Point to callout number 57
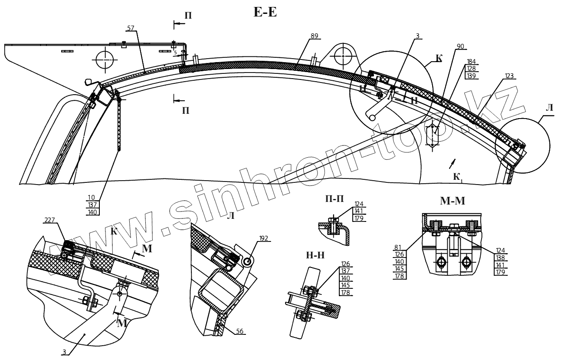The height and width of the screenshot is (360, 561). (x=131, y=28)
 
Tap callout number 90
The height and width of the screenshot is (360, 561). (x=460, y=46)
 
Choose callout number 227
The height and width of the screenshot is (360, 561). (x=49, y=221)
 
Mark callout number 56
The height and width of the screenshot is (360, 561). (x=240, y=331)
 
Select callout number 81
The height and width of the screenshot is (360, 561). (x=398, y=248)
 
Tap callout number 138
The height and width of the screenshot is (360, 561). (x=501, y=258)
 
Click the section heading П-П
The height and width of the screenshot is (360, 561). (x=335, y=198)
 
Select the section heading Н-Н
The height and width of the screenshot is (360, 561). (x=315, y=256)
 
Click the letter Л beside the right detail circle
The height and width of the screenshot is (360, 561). (x=549, y=107)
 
